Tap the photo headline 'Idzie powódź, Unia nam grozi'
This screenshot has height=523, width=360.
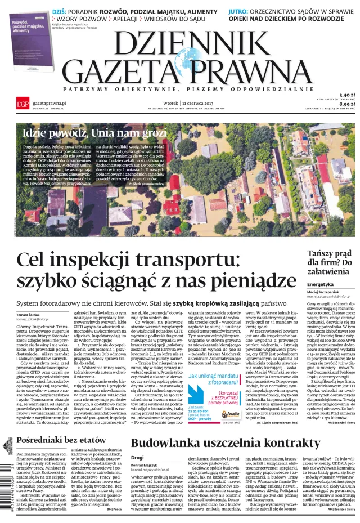[94, 134]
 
